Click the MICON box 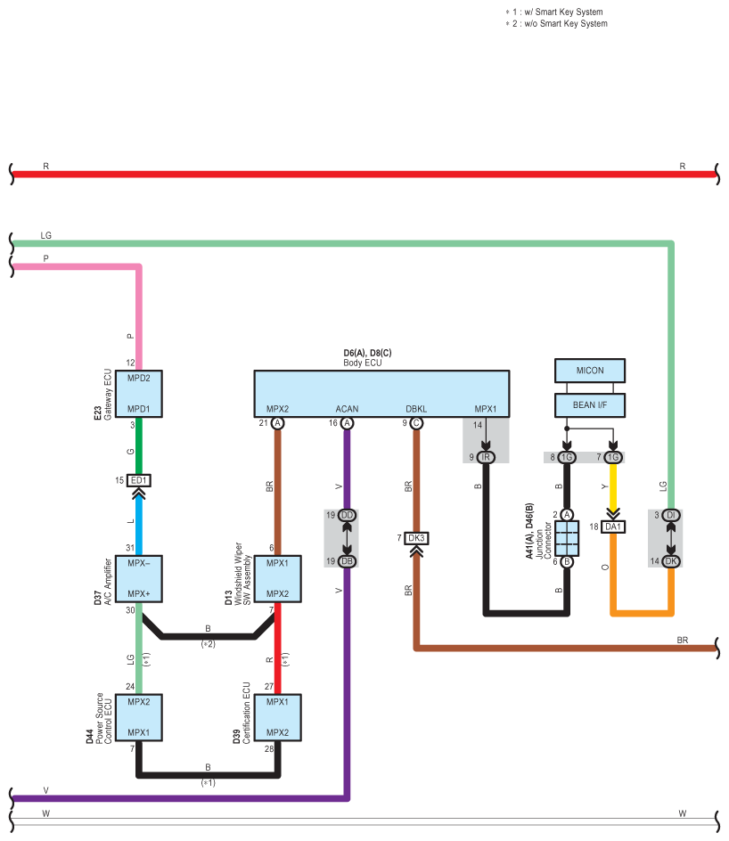(590, 371)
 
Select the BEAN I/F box (590, 405)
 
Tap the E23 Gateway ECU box (139, 394)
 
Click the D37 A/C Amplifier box (139, 579)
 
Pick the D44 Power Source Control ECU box (139, 718)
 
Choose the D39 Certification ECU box (277, 718)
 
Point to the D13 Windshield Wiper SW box (277, 579)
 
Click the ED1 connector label (139, 480)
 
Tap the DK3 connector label (416, 538)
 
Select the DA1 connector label (613, 527)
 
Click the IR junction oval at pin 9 (486, 457)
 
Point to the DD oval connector (347, 515)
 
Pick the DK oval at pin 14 (670, 561)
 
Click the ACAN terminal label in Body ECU (347, 409)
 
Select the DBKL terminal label (416, 409)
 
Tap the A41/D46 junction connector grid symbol (567, 538)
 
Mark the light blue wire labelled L (139, 523)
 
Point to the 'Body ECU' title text (363, 363)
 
